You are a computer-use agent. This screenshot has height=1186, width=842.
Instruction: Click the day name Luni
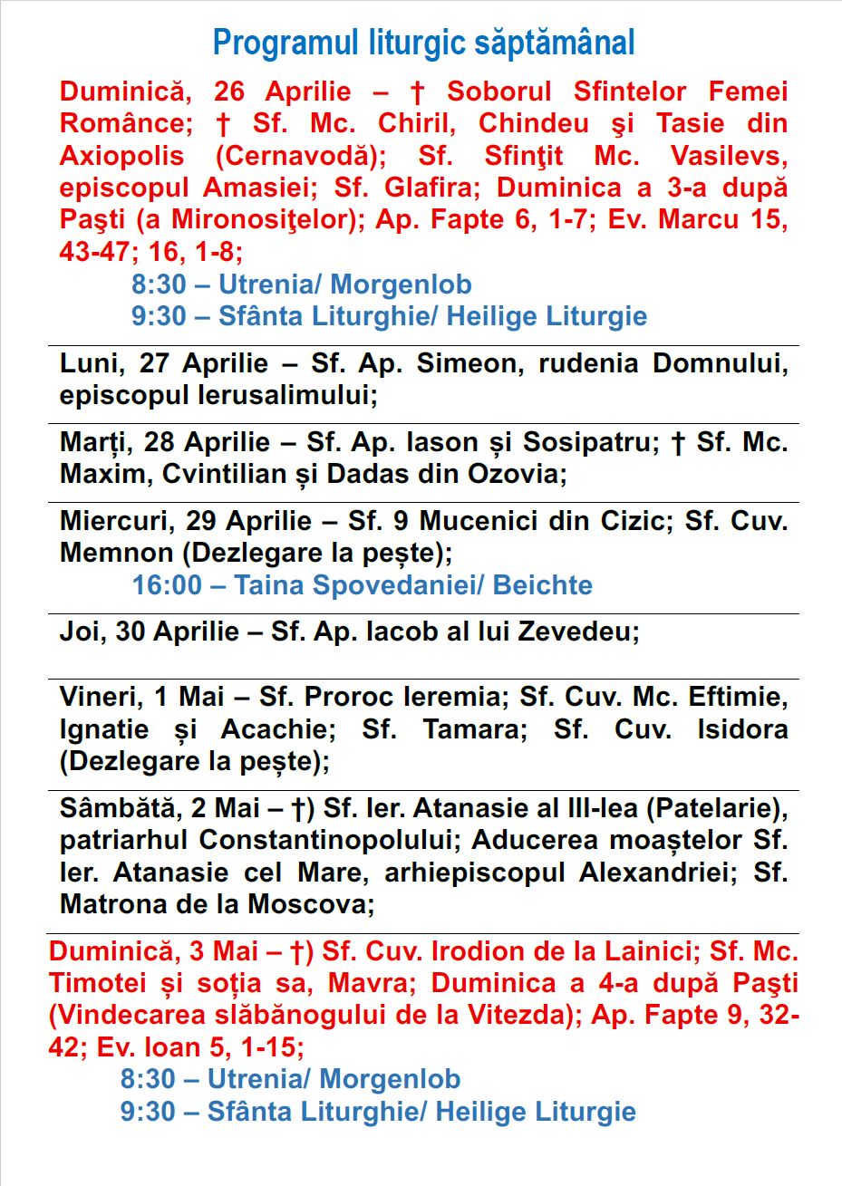coord(88,364)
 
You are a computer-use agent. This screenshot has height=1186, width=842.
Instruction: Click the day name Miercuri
coord(118,522)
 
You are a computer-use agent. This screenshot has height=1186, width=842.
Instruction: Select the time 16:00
coord(167,585)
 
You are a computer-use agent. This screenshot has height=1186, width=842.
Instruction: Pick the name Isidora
coord(742,729)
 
